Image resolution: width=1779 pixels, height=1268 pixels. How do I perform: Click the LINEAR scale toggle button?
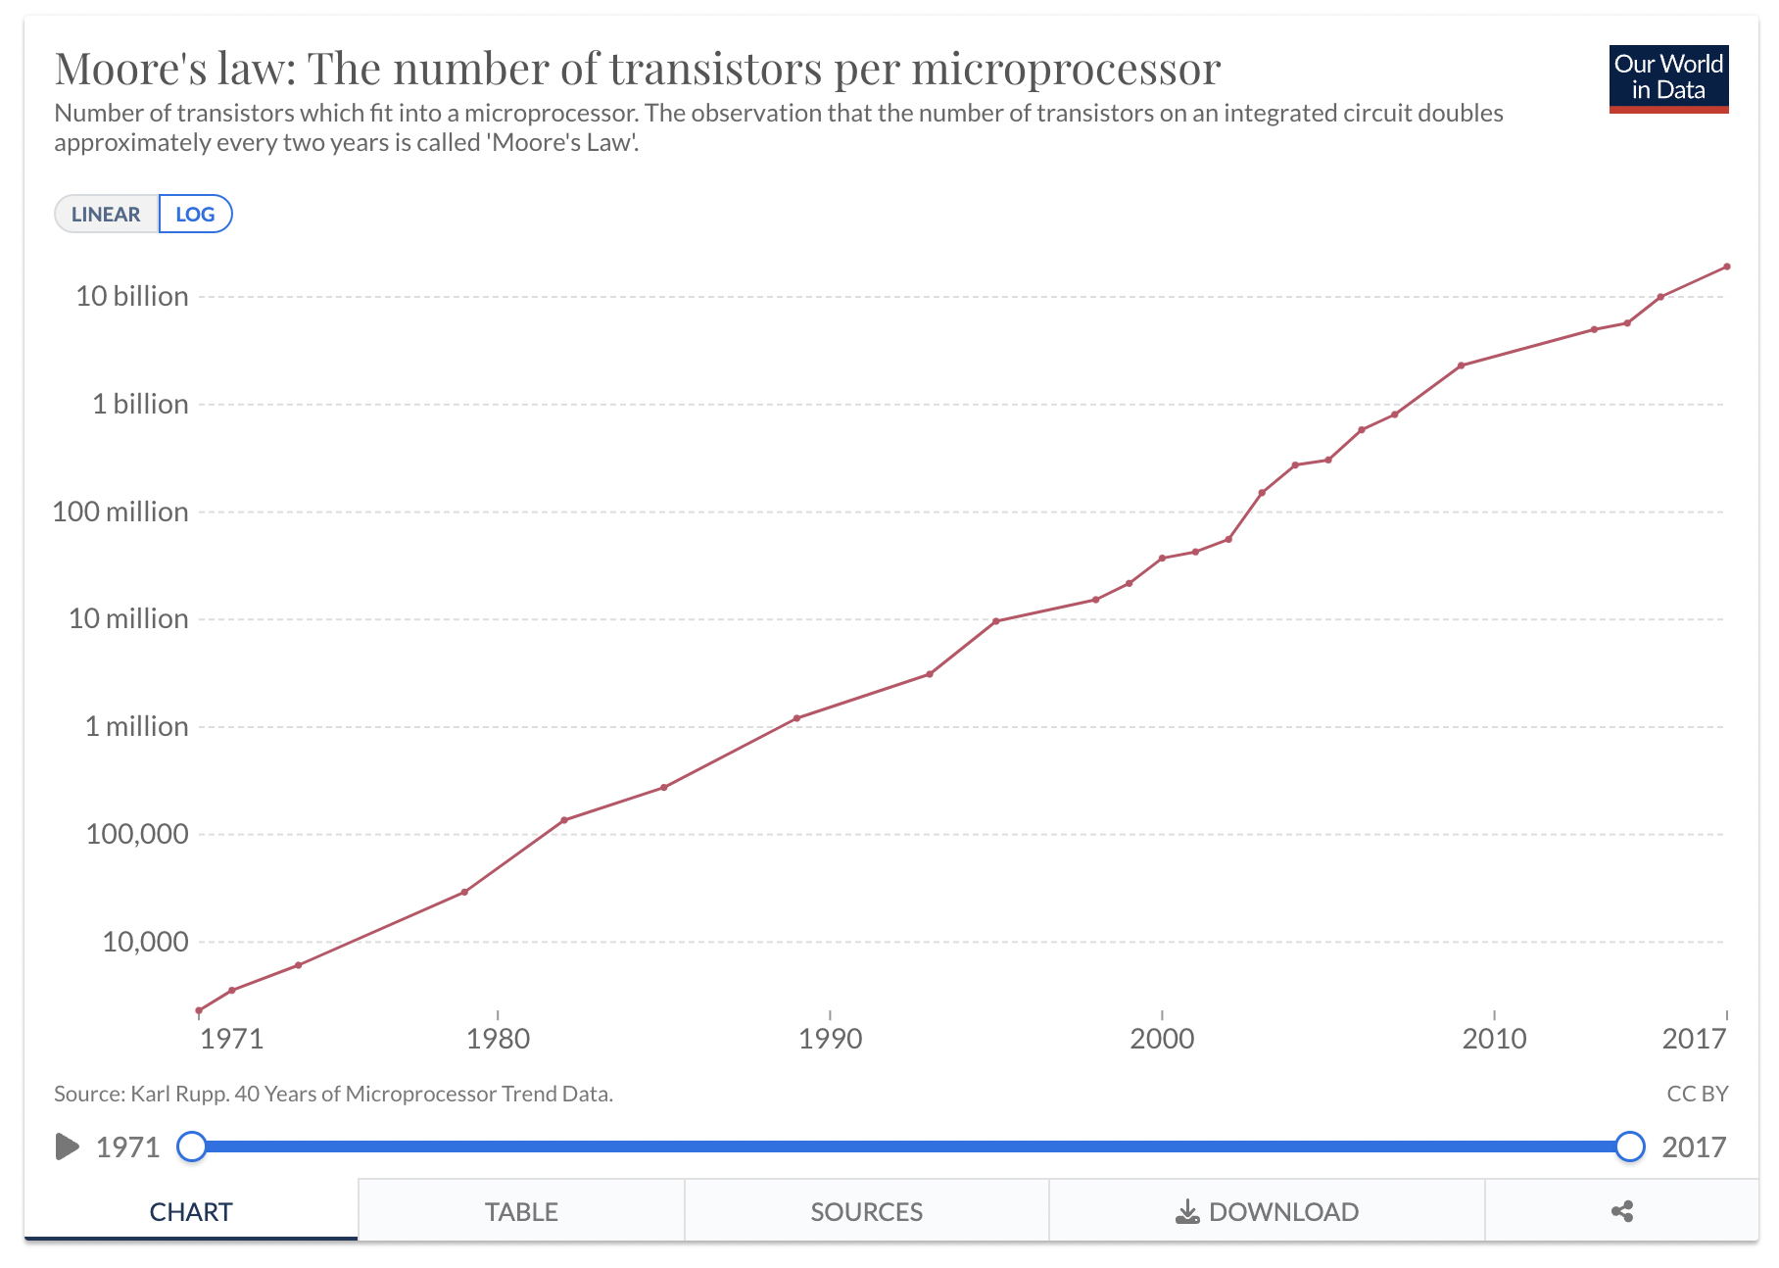click(106, 215)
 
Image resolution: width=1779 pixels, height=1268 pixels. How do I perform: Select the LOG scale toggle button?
click(195, 215)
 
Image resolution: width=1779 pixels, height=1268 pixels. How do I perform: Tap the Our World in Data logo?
click(1667, 78)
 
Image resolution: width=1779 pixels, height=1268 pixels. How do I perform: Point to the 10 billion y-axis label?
click(132, 296)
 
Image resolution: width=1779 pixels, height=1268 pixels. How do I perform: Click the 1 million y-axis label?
click(136, 726)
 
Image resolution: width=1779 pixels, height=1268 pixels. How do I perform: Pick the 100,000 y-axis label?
click(137, 834)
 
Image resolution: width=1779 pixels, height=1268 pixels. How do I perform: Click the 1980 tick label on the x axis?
click(498, 1039)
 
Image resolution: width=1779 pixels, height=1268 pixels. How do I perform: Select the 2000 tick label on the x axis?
click(1162, 1039)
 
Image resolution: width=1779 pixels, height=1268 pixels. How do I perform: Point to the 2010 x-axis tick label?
click(1494, 1039)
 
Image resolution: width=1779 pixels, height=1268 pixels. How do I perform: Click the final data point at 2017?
click(1726, 267)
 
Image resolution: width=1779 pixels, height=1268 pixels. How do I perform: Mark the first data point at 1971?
click(199, 1010)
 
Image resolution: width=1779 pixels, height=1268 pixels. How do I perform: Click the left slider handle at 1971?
click(192, 1146)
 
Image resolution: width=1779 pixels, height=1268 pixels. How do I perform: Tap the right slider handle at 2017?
click(1629, 1146)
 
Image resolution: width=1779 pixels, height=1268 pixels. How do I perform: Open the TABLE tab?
click(521, 1212)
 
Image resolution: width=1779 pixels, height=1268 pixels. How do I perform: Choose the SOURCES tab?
click(866, 1212)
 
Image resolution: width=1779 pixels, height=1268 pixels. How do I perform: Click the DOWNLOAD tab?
click(1267, 1212)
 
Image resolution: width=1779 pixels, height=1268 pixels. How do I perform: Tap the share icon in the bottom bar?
click(1622, 1212)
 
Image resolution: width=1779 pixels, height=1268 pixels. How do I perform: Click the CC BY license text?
click(1697, 1094)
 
